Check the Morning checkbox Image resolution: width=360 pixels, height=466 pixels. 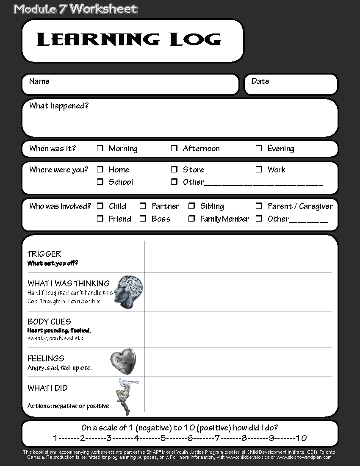(100, 148)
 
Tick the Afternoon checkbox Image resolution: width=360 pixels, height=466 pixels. (174, 148)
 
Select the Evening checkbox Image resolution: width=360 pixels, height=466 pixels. (259, 148)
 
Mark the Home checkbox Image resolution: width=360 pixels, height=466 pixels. (100, 169)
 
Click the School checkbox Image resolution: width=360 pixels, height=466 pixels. (100, 182)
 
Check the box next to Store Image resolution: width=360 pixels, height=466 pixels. (174, 169)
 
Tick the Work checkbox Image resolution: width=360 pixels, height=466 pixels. (259, 169)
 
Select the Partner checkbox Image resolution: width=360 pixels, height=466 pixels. (143, 206)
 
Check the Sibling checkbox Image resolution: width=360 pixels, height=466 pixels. (191, 206)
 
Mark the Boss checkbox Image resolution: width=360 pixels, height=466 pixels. (143, 219)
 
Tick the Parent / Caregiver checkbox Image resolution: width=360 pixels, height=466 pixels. (259, 206)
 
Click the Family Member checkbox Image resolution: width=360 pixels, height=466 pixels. (191, 219)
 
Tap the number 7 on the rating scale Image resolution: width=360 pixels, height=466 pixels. (217, 438)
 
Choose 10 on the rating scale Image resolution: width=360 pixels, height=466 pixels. (301, 438)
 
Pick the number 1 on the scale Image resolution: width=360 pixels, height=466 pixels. (55, 438)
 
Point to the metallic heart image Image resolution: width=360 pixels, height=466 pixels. (123, 361)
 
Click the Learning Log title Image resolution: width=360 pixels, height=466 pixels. (128, 40)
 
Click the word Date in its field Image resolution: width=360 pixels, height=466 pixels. (260, 81)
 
